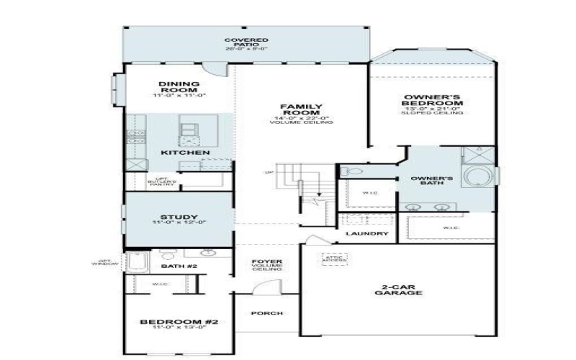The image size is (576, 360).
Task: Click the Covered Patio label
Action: point(246,43)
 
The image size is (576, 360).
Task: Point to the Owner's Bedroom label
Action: point(432,101)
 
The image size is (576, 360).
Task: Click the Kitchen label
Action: point(175,153)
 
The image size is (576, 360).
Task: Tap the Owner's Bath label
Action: point(431,180)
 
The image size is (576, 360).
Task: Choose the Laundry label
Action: point(366,234)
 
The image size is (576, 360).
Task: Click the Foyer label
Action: point(266,266)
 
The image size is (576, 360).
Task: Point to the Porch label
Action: point(266,313)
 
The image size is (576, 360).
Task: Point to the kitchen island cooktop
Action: point(189,129)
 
